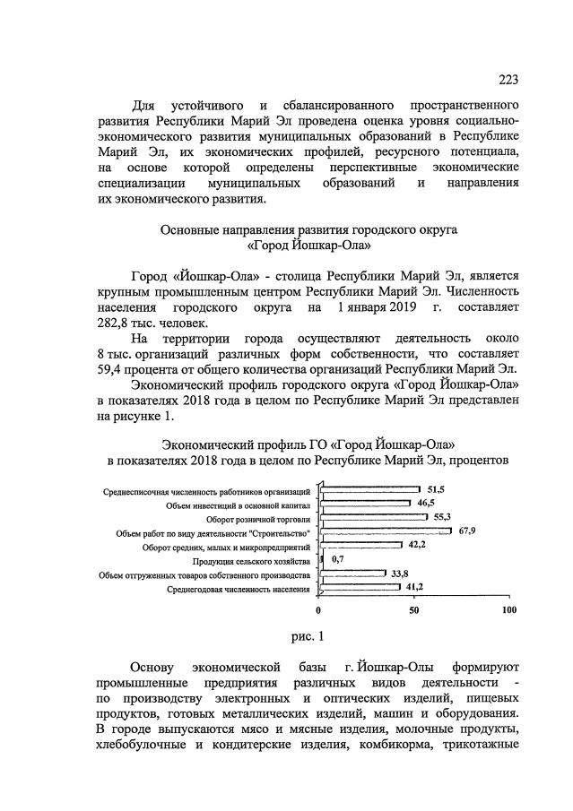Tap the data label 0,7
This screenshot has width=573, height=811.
tap(337, 560)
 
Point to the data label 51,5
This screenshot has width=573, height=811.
tap(437, 489)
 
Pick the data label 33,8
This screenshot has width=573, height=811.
tap(399, 574)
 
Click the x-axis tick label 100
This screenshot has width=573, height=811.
tap(508, 610)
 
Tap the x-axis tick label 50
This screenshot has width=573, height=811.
tap(414, 610)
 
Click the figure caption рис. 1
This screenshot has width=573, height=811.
tap(308, 637)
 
